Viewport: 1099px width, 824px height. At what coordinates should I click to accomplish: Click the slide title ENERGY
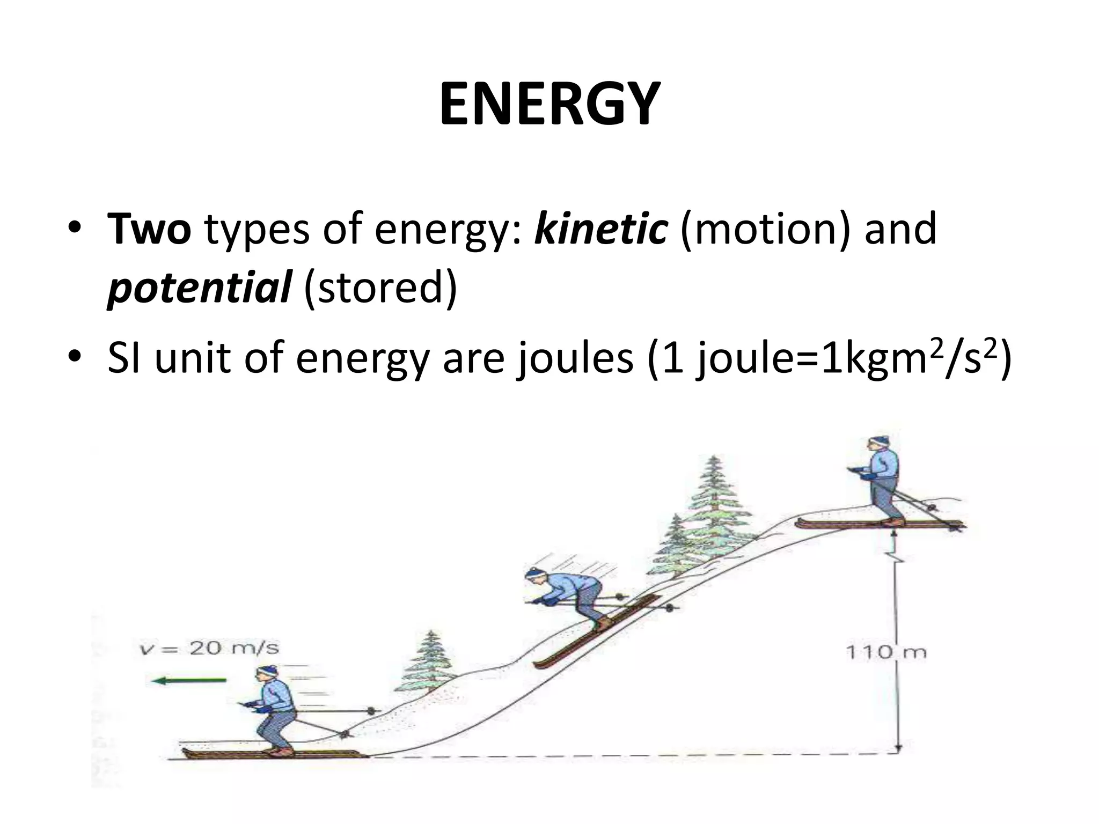pyautogui.click(x=549, y=105)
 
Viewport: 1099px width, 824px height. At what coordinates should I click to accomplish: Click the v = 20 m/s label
pyautogui.click(x=209, y=649)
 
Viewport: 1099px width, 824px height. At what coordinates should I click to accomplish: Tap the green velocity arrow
pyautogui.click(x=189, y=681)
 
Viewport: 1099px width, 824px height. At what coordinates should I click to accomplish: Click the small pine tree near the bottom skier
pyautogui.click(x=429, y=665)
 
